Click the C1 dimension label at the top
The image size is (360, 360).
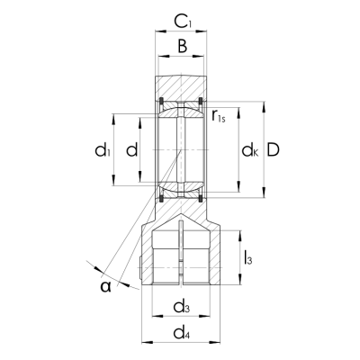pos(182,19)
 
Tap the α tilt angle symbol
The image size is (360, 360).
pos(107,285)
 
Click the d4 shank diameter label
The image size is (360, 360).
pos(182,335)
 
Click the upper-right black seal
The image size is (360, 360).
pos(202,99)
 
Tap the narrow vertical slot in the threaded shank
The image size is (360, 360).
pos(182,252)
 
